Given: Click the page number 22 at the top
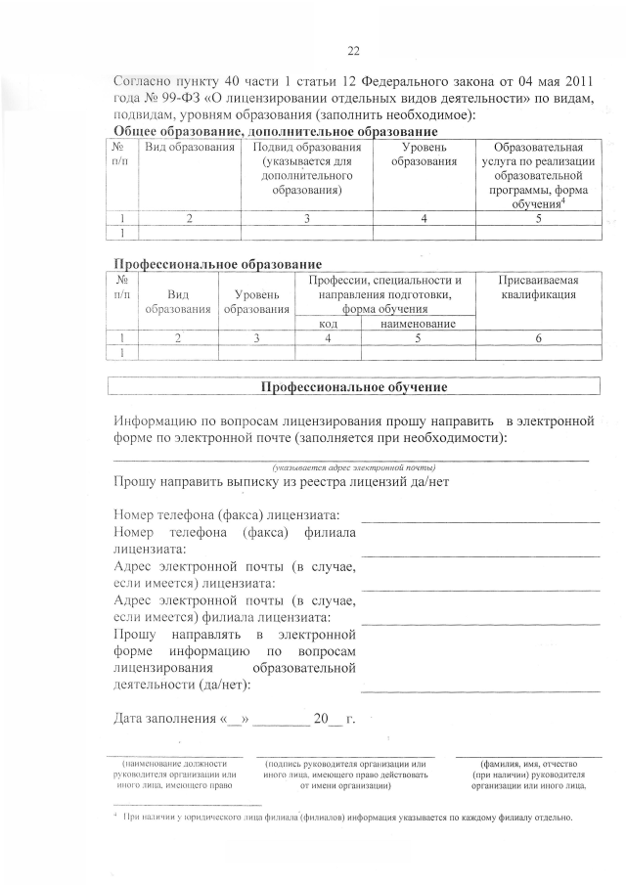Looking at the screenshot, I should (354, 51).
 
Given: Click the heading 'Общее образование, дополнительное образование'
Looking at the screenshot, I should (276, 132).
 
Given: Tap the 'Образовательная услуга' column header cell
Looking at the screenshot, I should (539, 175).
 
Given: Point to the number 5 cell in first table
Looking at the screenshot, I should (539, 219).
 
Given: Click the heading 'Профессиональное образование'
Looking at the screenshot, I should (218, 264).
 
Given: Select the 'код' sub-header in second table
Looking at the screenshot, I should (328, 323).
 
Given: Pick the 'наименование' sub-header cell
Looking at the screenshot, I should (417, 323).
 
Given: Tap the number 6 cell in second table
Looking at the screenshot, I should (538, 337).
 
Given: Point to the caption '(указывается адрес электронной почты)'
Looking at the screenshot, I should (353, 468).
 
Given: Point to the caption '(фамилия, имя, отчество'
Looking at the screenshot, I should (528, 763).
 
